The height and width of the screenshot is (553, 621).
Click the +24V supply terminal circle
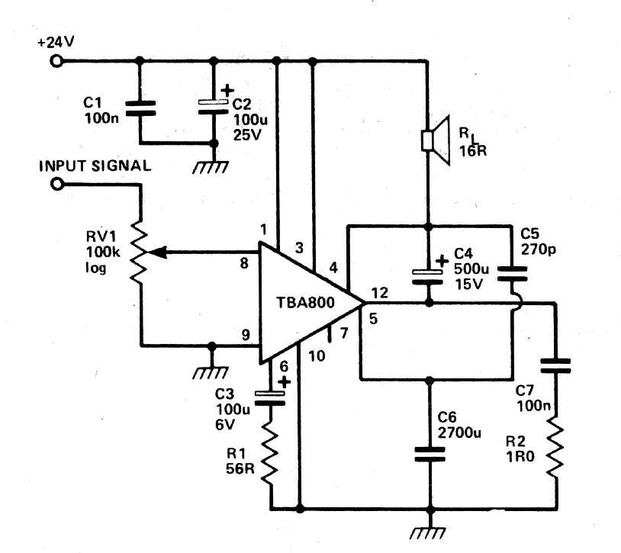(56, 61)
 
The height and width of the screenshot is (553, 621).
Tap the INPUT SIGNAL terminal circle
(57, 184)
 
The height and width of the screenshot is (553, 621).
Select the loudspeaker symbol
(436, 140)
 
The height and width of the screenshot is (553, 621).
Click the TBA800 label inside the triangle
(305, 303)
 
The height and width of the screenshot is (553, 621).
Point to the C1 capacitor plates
(140, 108)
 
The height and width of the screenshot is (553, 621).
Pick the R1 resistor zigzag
(271, 452)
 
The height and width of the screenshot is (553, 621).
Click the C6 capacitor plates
(430, 455)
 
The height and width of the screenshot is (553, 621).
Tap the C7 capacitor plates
(555, 366)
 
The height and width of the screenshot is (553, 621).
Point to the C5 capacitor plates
(512, 274)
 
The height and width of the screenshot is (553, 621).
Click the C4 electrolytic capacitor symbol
(428, 277)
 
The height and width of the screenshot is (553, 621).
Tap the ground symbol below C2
(211, 167)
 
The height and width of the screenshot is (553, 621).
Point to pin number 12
(379, 293)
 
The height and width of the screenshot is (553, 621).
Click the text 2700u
(459, 432)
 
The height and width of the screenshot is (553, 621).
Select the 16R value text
(473, 151)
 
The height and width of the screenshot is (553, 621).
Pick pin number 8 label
(244, 263)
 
